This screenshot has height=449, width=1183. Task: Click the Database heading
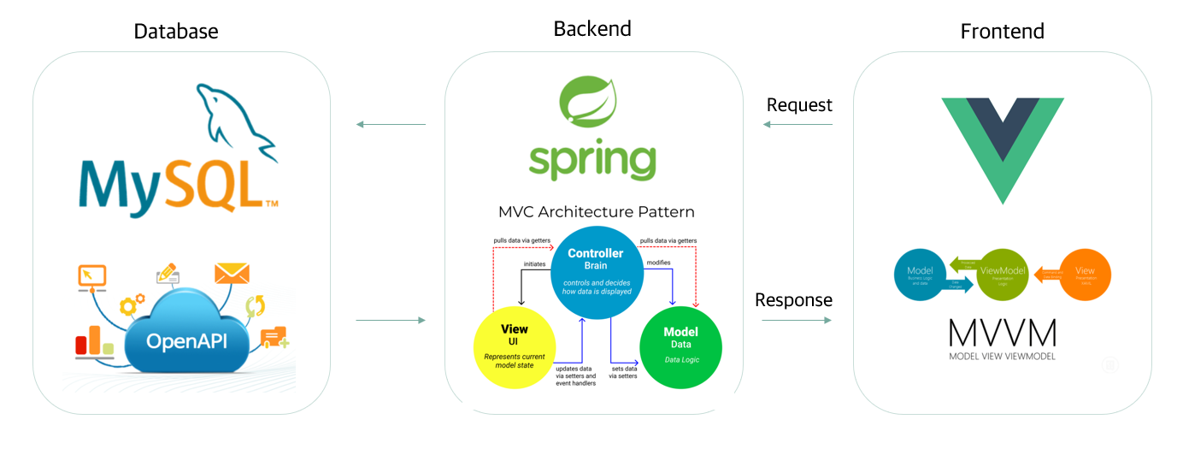pos(176,32)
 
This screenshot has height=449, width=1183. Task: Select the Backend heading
pos(592,28)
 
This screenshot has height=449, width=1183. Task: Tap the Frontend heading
pos(1002,32)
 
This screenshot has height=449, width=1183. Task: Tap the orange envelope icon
pos(232,274)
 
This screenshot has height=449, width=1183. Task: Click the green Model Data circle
pos(680,346)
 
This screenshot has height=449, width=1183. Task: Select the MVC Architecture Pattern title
pos(596,211)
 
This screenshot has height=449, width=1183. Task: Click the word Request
pos(799,105)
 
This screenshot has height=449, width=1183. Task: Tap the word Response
pos(793,300)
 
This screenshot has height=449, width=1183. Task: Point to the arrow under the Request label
pos(797,125)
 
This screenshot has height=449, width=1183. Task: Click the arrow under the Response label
pos(796,320)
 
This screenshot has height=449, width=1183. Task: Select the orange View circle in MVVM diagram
pos(1085,275)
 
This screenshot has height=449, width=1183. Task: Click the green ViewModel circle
pos(1002,275)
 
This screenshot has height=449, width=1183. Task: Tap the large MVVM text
pos(1002,333)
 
